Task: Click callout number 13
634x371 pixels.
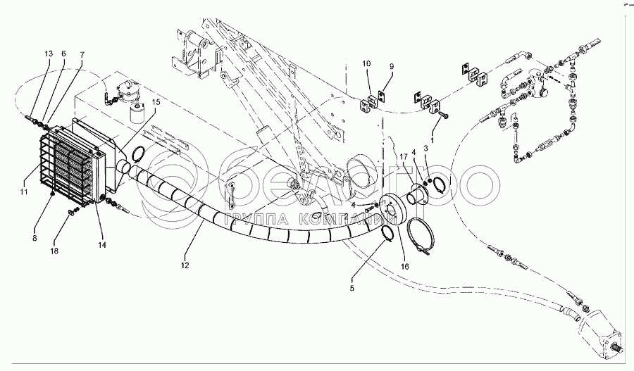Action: [49, 54]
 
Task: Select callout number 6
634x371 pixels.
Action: [63, 54]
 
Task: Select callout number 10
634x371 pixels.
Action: [367, 65]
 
